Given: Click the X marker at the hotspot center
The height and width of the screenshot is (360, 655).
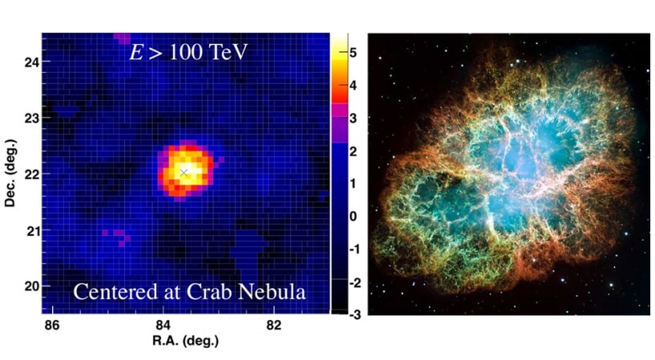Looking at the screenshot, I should pos(184,172).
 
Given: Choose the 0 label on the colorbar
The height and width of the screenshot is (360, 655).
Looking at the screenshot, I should pos(353,216).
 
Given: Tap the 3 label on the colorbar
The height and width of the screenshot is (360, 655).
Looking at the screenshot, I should pos(353,118).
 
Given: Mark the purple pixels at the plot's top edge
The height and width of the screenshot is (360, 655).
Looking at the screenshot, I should pos(122,38).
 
